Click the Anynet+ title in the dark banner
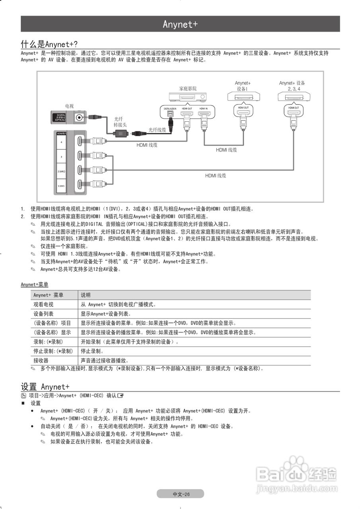(180, 24)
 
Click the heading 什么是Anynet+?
(49, 43)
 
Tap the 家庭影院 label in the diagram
(188, 88)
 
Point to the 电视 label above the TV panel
(69, 106)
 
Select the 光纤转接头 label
(120, 122)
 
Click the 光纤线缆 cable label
(157, 130)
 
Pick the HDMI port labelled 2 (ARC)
(80, 171)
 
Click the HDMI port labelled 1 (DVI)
(80, 185)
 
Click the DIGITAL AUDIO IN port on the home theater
(170, 115)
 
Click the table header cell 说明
(86, 295)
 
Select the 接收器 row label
(41, 360)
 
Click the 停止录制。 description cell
(92, 351)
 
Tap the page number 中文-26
(180, 494)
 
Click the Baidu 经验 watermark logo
(297, 475)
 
